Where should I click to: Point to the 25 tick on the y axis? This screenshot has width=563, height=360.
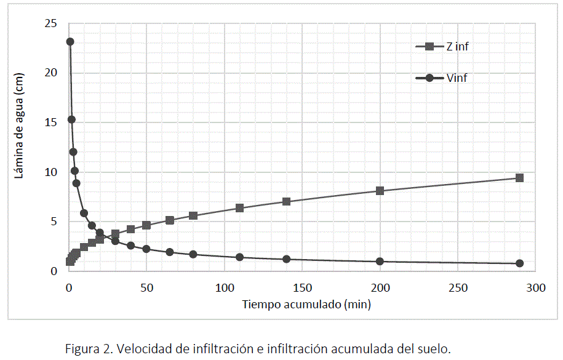click(x=50, y=23)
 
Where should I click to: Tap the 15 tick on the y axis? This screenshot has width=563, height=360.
click(x=50, y=122)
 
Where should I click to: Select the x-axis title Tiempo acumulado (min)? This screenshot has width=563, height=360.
click(x=306, y=304)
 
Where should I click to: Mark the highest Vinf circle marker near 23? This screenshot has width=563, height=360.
click(x=70, y=42)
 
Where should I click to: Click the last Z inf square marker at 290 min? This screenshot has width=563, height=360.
click(x=519, y=178)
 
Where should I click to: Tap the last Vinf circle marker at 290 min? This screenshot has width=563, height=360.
click(x=519, y=263)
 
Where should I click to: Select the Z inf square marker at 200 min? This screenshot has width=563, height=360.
click(x=380, y=191)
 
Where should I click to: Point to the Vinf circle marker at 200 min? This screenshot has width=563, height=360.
click(x=380, y=262)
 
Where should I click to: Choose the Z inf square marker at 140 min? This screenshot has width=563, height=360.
click(x=286, y=201)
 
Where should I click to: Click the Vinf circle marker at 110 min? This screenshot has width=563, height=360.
click(x=239, y=257)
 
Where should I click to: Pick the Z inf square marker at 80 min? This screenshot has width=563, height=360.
click(x=193, y=215)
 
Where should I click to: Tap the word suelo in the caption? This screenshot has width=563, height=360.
click(x=433, y=349)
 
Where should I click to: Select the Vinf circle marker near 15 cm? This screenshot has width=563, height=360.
click(x=71, y=119)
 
